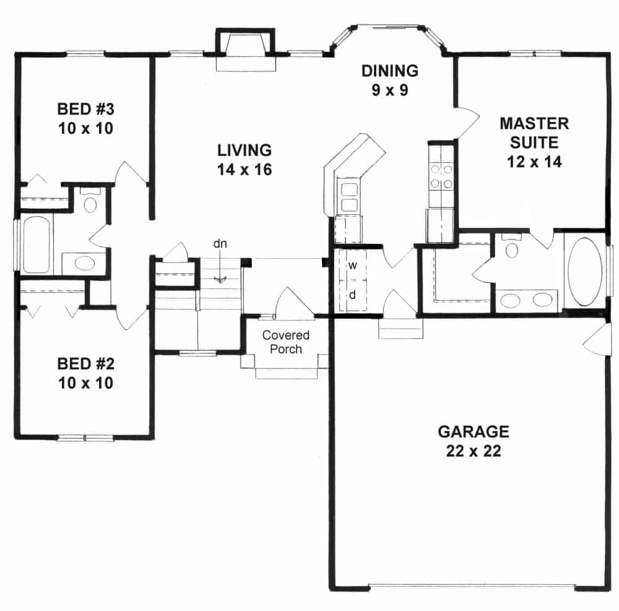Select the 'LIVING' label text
click(245, 150)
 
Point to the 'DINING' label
click(390, 71)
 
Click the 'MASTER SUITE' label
click(534, 132)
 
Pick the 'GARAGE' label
click(474, 431)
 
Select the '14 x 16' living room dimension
click(245, 170)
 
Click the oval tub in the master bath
click(585, 271)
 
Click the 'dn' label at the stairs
click(220, 243)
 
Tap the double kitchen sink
click(347, 197)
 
